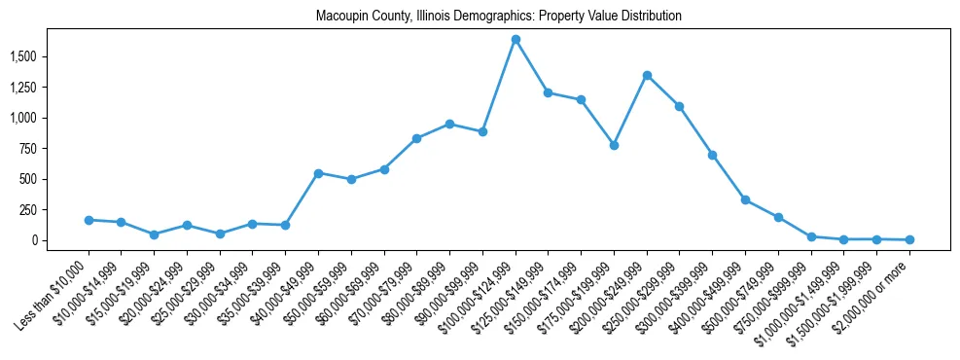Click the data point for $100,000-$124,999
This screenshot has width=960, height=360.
516,39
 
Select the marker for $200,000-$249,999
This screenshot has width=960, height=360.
647,75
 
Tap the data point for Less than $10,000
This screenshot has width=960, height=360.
89,220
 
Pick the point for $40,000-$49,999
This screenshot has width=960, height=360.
318,173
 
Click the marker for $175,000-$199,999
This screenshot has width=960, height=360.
614,145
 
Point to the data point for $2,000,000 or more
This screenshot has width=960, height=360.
909,239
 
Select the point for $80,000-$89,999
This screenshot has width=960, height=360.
449,124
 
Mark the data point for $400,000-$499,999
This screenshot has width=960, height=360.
745,199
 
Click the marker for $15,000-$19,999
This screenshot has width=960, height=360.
154,234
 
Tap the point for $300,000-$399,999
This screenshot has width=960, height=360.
712,155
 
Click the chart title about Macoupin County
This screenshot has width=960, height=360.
498,17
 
